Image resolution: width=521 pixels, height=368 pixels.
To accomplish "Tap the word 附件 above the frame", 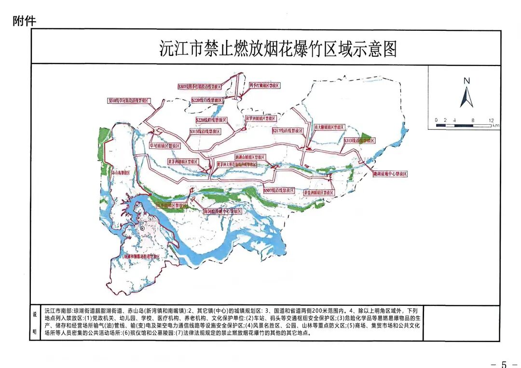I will tap(24, 21).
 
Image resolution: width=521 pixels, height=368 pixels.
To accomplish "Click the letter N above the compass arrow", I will tap(466, 81).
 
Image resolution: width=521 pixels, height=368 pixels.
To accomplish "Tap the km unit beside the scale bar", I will tap(496, 126).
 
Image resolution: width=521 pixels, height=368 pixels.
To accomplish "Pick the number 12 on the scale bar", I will tap(491, 120).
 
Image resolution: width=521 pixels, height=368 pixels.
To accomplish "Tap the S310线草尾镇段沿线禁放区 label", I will tap(129, 101).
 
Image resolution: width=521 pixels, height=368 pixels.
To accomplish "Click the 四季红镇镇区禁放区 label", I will tap(264, 85).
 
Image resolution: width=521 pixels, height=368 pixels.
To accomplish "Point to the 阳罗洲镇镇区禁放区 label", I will tap(260, 118).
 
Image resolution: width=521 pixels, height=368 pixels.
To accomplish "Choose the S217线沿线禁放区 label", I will tap(288, 131).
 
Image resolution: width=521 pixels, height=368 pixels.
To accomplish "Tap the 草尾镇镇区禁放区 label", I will tap(165, 145).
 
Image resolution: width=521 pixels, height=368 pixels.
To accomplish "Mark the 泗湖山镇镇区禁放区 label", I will tap(250, 157).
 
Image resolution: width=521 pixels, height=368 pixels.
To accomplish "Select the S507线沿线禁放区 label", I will tap(279, 190).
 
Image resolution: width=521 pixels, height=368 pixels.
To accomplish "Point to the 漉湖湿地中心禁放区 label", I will tap(390, 173).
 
